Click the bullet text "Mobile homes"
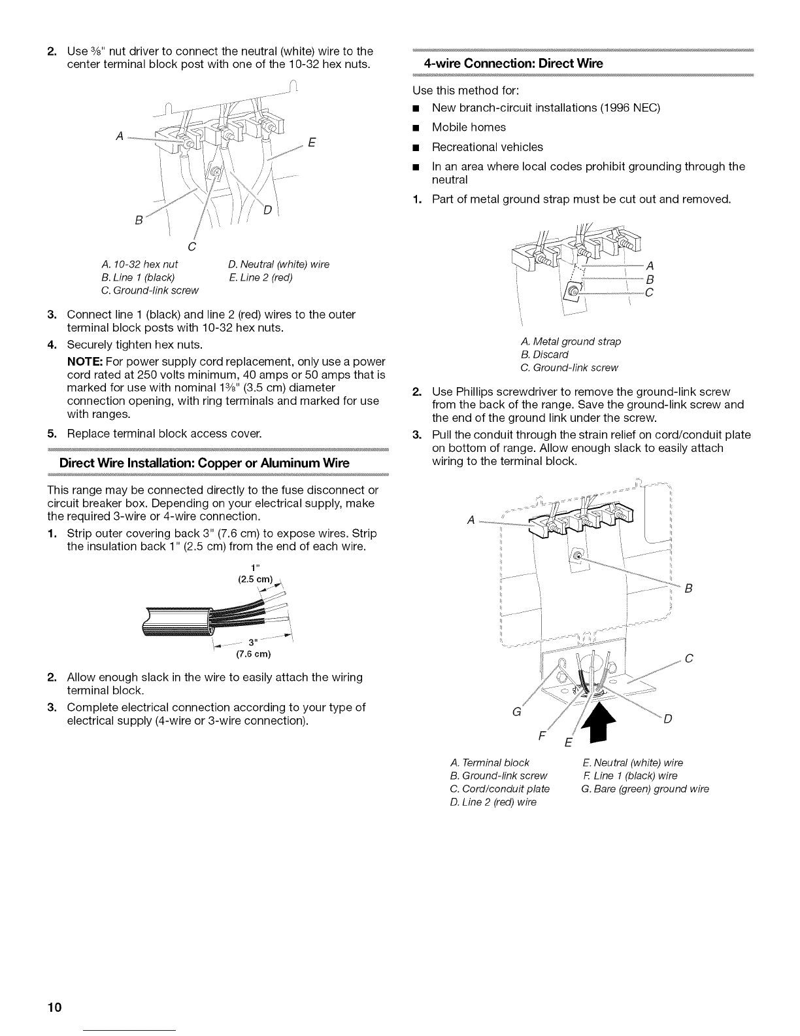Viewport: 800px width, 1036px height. [469, 127]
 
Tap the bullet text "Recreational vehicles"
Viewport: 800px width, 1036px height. [487, 147]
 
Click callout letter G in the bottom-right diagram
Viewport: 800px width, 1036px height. [516, 712]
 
